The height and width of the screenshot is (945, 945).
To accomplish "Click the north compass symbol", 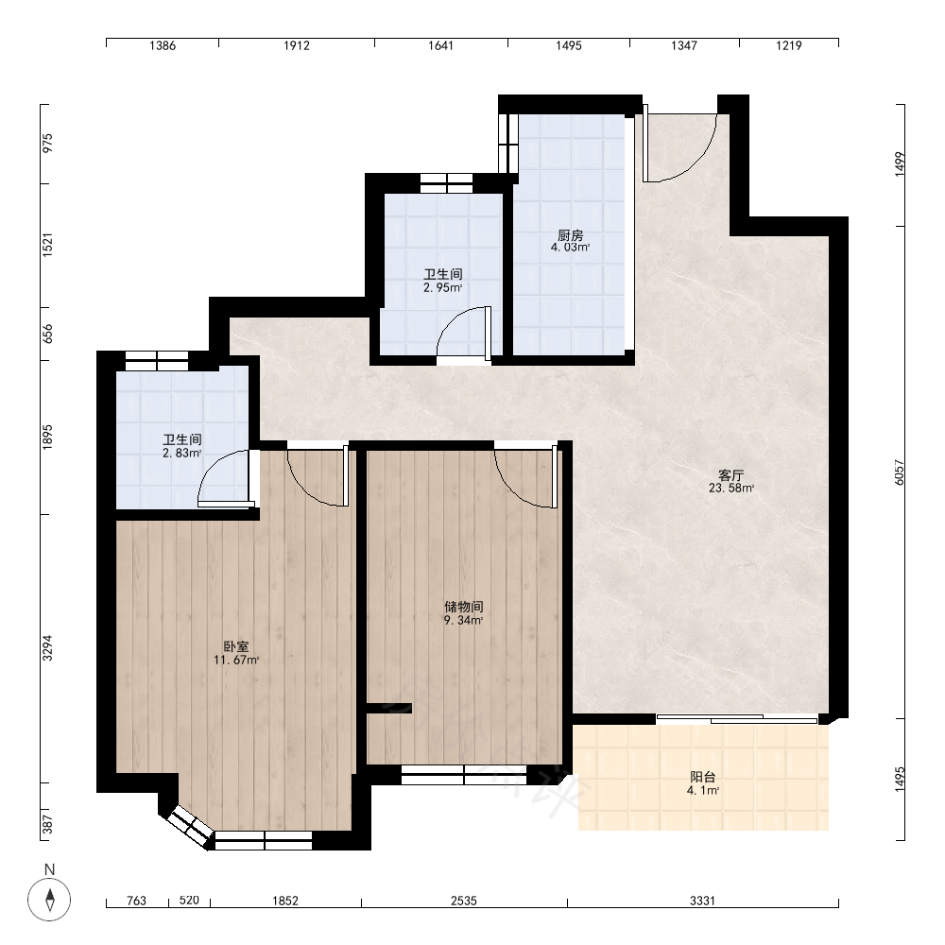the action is [49, 900].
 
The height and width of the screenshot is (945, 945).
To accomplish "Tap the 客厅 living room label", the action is [730, 475].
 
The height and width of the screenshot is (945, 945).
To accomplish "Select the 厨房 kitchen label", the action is [570, 235].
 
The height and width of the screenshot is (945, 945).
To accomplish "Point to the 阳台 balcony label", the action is [703, 777].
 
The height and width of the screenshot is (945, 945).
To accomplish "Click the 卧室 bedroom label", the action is [236, 646].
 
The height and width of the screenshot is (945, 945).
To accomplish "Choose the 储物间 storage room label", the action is [463, 607].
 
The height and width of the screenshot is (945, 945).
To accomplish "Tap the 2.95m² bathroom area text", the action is [442, 288].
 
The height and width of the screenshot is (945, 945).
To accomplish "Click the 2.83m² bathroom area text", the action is [181, 454].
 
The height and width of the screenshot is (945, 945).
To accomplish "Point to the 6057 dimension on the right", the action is [900, 472].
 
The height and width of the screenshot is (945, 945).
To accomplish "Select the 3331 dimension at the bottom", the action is [702, 901].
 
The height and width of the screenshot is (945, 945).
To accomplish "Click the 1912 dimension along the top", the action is [297, 45].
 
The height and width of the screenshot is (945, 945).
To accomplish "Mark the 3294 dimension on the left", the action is [47, 648].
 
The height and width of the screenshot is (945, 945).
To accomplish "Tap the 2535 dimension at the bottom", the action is [463, 901].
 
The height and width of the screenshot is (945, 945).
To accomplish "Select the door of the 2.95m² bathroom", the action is [464, 335].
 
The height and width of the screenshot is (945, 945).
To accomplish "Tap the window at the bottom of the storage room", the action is [463, 775].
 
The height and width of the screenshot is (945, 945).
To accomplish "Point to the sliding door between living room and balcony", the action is [736, 718].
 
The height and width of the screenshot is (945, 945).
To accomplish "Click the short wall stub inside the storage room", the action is [388, 708].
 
